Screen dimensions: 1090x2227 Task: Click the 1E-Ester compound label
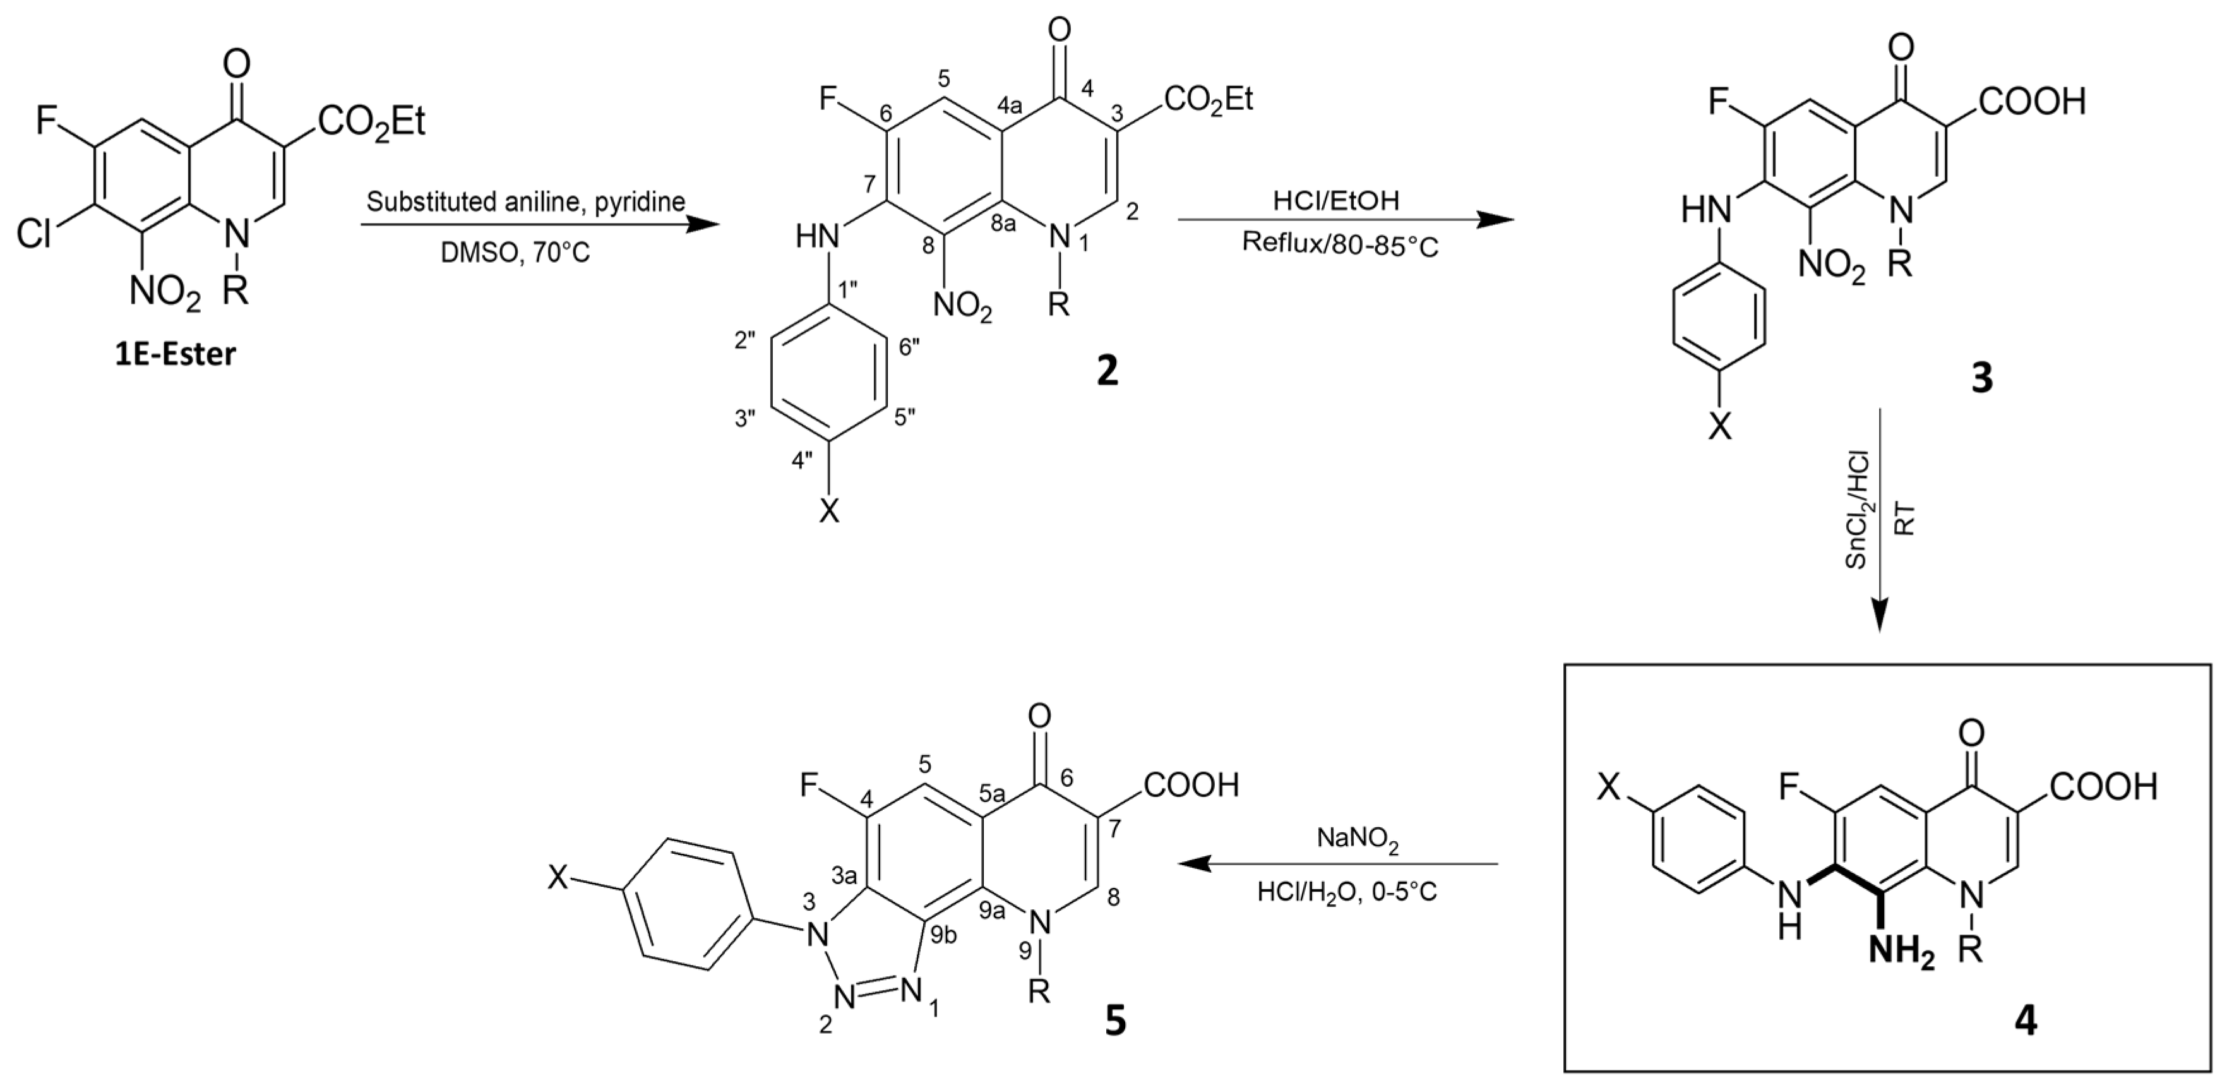point(176,354)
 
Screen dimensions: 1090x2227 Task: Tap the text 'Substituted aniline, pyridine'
point(525,202)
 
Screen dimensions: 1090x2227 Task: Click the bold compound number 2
point(1107,371)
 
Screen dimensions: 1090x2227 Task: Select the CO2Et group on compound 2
point(1209,100)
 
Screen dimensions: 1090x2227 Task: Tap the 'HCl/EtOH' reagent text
point(1335,201)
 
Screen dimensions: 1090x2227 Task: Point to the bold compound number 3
point(1981,378)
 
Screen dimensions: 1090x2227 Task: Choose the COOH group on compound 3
point(2032,102)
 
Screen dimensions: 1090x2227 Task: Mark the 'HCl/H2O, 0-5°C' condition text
point(1347,891)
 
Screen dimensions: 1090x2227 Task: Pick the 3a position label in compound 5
point(845,877)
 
